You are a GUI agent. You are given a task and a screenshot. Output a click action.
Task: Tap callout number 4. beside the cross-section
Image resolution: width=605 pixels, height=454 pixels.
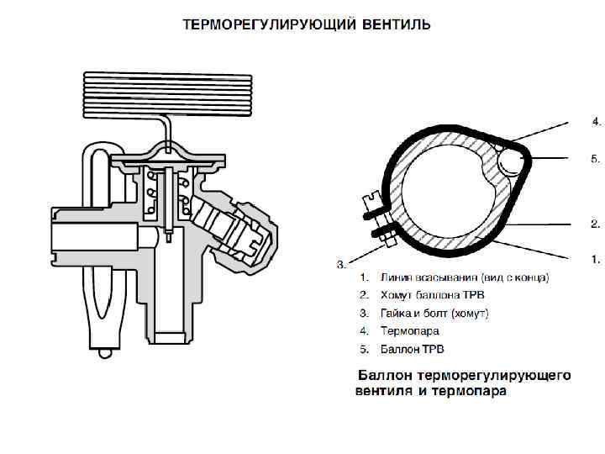coord(596,122)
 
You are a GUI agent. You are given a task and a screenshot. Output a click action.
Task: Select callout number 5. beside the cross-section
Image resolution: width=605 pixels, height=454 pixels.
coord(596,158)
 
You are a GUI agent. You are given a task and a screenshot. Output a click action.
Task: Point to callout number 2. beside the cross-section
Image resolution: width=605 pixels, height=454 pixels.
coord(596,224)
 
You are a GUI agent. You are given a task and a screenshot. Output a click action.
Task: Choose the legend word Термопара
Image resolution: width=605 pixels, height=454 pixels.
coord(409,330)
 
